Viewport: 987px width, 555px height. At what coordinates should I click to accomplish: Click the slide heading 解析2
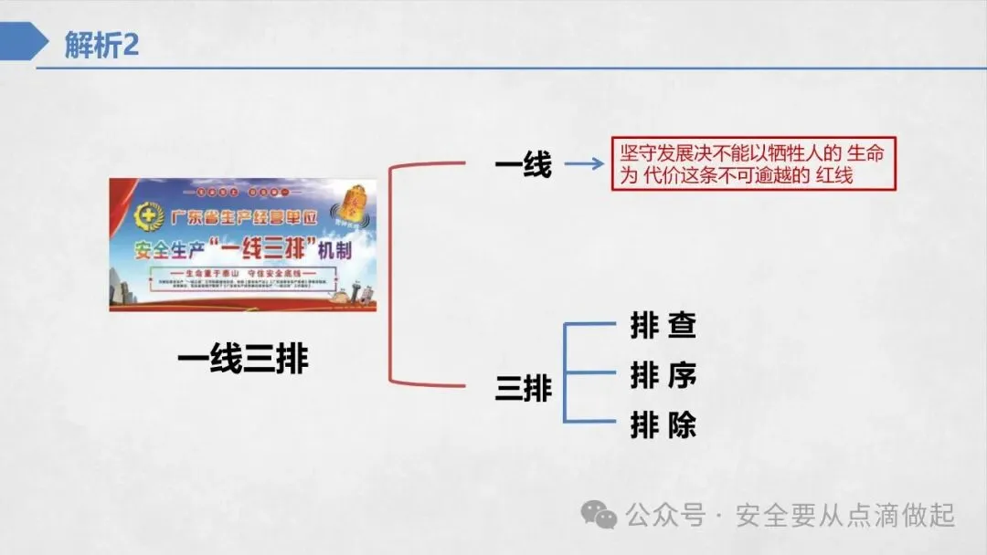pos(101,45)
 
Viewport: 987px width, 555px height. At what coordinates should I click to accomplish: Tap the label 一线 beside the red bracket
pos(524,165)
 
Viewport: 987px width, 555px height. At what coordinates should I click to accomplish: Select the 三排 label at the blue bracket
pos(524,388)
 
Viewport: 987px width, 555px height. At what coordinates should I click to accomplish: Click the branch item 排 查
pos(663,326)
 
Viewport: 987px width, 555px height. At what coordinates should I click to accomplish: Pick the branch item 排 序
pos(663,375)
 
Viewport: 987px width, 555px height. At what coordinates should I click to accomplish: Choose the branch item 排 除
pos(663,425)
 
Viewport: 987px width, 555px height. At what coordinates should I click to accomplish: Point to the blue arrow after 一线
pos(583,165)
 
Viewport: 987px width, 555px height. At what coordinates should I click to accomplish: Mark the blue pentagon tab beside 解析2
pos(24,44)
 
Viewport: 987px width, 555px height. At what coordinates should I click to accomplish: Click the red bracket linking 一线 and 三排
pos(391,274)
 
